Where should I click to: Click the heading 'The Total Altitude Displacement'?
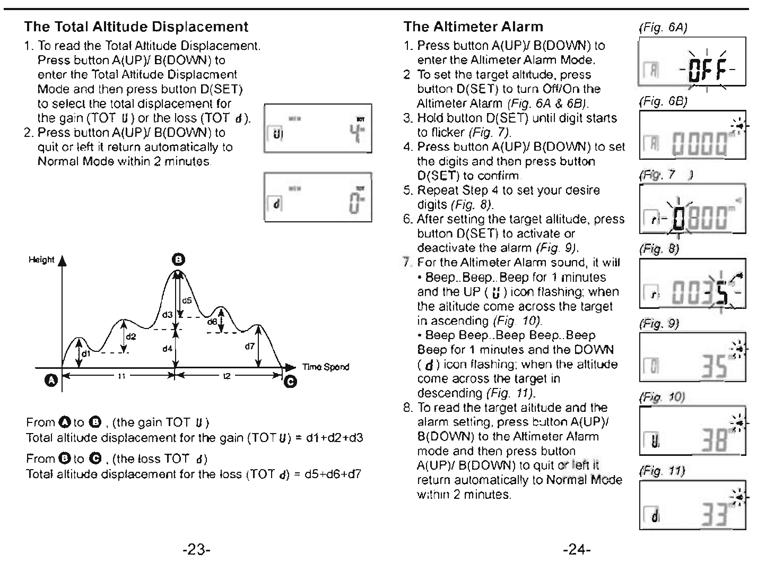pos(136,27)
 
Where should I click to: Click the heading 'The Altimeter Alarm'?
pos(473,27)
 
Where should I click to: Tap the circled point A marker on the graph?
pos(51,381)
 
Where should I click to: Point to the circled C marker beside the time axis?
pos(291,382)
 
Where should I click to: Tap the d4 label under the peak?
pos(168,349)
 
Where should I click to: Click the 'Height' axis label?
pos(41,260)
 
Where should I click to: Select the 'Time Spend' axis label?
pos(326,367)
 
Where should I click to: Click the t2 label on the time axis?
pos(227,376)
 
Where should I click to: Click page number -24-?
pos(577,549)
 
